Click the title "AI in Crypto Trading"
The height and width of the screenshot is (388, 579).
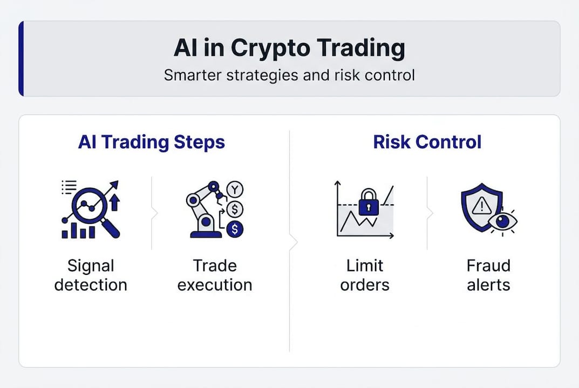coord(289,48)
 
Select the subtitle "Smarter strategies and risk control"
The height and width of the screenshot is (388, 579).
coord(289,74)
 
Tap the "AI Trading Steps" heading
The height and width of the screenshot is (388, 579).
coord(152,142)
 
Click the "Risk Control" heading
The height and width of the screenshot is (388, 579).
coord(427,142)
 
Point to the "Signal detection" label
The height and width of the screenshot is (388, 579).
coord(91,275)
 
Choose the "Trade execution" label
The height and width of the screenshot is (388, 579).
coord(215,275)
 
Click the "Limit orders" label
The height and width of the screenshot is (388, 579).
coord(365,275)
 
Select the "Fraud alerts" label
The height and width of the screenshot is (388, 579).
coord(488,275)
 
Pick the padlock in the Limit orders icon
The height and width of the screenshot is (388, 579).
coord(369,202)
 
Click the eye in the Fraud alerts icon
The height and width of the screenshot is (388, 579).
coord(502,221)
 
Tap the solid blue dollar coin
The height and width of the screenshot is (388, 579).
coord(235,229)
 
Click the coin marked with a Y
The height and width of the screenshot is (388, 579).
coord(235,189)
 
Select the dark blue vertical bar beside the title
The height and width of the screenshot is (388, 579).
coord(21,59)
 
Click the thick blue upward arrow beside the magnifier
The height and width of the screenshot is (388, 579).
coord(114,203)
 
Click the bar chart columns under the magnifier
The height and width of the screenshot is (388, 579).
coord(79,231)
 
